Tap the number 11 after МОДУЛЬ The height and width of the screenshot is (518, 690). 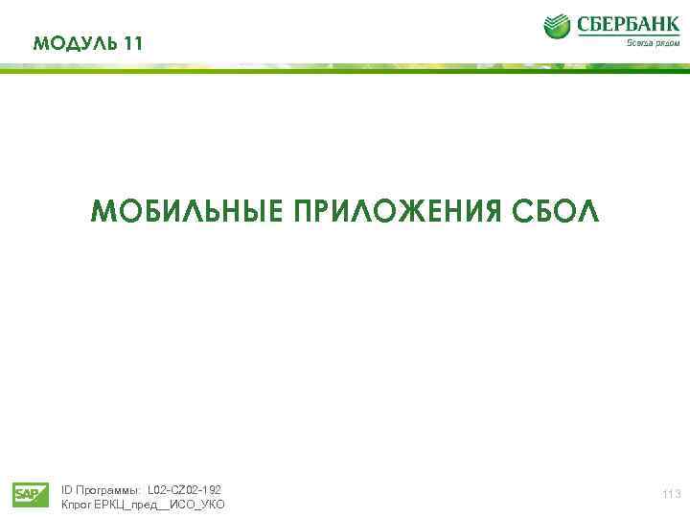134,44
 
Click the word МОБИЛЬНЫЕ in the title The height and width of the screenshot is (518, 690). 186,211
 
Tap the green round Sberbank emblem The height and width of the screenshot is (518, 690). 558,27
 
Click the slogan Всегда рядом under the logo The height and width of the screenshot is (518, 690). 654,43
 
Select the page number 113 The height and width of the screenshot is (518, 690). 671,494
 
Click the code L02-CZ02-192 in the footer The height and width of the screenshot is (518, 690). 185,489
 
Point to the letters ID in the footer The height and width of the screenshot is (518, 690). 66,489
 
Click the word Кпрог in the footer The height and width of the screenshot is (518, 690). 76,505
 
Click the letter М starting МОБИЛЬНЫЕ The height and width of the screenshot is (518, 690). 100,211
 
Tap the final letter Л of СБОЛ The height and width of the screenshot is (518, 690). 588,211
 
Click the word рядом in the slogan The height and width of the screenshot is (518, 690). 666,43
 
